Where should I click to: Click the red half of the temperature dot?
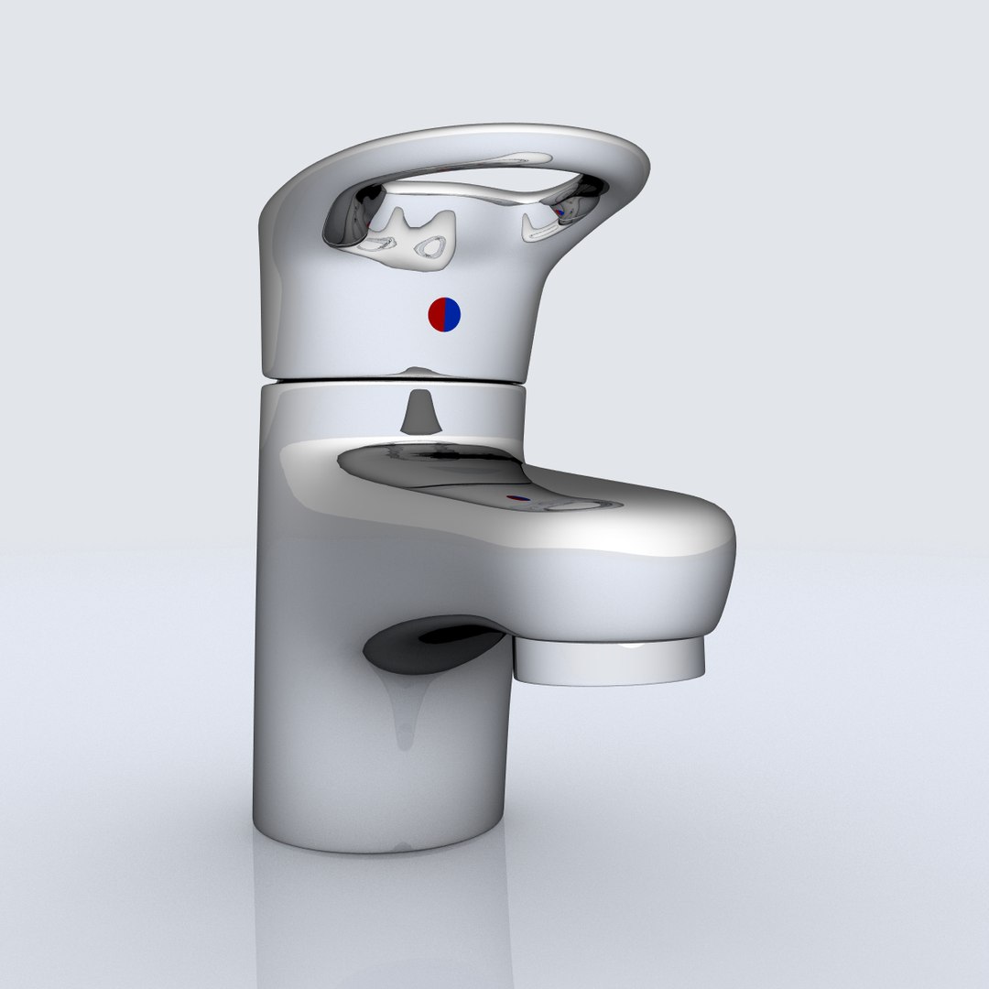pos(436,315)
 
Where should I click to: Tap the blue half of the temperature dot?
pos(451,315)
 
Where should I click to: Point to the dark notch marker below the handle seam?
pos(418,411)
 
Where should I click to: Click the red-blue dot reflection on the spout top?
pos(518,500)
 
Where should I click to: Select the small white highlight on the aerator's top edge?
pos(632,646)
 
